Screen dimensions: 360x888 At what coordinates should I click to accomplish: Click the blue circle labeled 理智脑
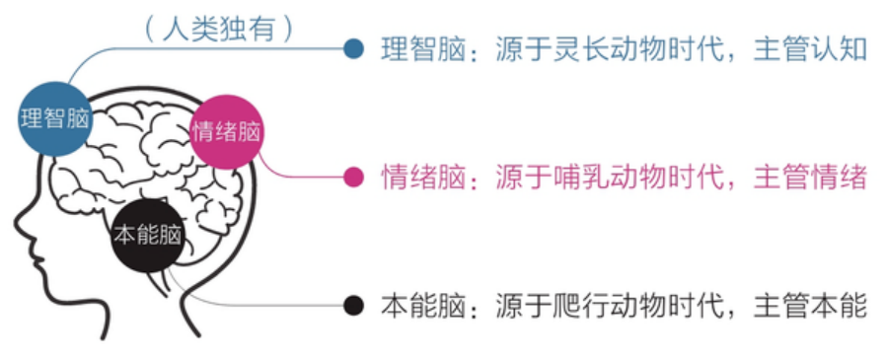pyautogui.click(x=55, y=118)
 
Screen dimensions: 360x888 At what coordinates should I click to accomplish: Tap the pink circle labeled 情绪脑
pyautogui.click(x=228, y=131)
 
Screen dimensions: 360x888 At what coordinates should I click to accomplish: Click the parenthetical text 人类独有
pyautogui.click(x=219, y=27)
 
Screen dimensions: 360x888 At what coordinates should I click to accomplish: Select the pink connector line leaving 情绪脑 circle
pyautogui.click(x=296, y=177)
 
